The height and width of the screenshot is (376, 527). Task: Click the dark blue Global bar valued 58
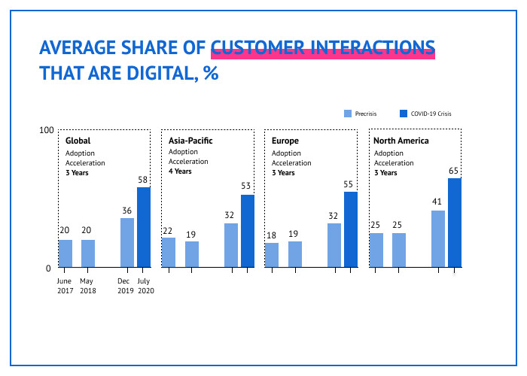click(143, 227)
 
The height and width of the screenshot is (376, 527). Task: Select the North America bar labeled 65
click(454, 223)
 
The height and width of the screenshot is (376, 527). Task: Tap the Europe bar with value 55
click(351, 229)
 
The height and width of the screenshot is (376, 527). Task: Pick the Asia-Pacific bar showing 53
click(248, 231)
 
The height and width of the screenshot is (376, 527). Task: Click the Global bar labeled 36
click(127, 242)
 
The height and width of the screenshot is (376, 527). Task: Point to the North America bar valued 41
click(437, 238)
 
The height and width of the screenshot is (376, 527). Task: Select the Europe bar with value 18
click(272, 255)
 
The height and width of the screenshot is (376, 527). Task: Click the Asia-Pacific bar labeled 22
click(169, 252)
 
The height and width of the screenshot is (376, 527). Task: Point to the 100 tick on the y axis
click(46, 131)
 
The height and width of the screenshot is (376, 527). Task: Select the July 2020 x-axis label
click(144, 286)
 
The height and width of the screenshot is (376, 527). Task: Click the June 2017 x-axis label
click(65, 286)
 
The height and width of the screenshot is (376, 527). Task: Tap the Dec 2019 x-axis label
click(126, 286)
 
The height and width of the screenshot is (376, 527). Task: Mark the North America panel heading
click(401, 141)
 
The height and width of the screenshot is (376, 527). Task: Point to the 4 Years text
click(180, 171)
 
